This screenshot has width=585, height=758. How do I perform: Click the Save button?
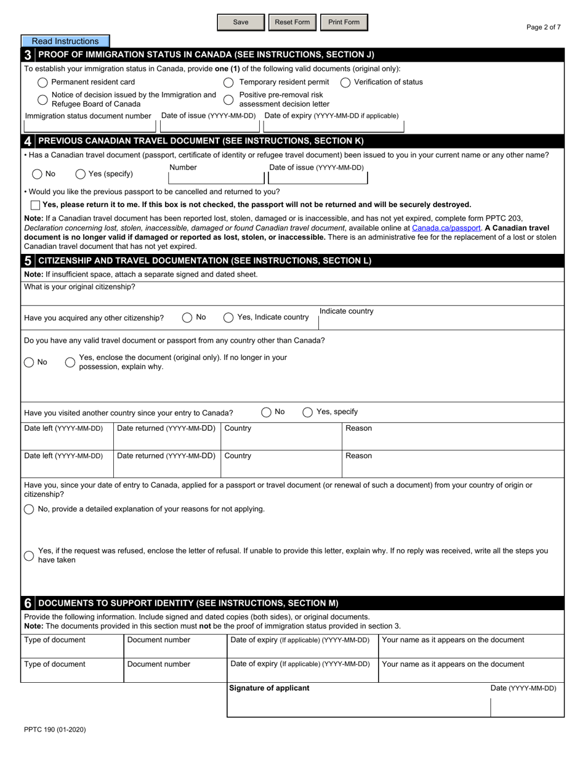[x=241, y=22]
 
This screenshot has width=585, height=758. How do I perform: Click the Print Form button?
[x=344, y=22]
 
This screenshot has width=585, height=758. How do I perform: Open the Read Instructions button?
[x=65, y=41]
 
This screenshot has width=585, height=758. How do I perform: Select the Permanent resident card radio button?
[x=42, y=82]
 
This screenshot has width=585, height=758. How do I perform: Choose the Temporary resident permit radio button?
[x=228, y=82]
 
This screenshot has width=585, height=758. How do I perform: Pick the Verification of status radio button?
[x=345, y=82]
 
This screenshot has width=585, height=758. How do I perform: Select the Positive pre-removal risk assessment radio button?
[x=228, y=99]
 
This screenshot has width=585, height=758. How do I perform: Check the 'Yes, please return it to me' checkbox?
[x=35, y=205]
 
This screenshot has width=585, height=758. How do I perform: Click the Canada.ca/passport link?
[x=446, y=227]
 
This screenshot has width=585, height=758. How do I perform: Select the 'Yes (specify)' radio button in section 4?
[x=81, y=174]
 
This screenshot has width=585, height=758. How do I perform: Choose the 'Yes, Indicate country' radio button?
[x=228, y=317]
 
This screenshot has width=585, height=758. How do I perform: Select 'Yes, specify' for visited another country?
[x=307, y=412]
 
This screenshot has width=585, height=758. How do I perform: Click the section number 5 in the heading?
[x=28, y=261]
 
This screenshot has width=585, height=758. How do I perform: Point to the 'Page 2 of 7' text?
[x=544, y=27]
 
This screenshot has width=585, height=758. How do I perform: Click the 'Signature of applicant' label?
[x=269, y=688]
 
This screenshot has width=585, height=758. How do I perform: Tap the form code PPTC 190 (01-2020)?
[x=55, y=730]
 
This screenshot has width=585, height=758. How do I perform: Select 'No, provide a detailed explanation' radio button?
[x=29, y=509]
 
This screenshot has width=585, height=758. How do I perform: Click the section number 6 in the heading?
[x=28, y=603]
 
